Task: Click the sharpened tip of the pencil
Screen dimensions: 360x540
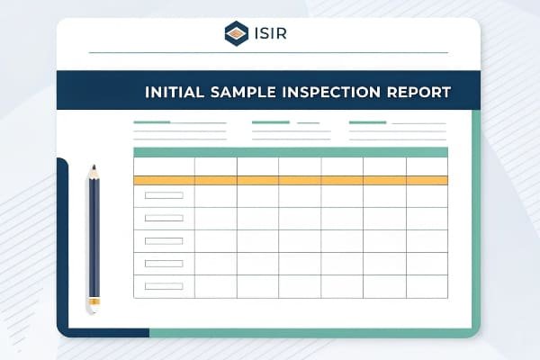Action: tap(93, 168)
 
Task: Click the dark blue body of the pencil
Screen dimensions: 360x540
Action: tap(93, 234)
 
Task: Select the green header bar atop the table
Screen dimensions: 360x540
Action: tap(290, 152)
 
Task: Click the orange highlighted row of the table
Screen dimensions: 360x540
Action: tap(290, 180)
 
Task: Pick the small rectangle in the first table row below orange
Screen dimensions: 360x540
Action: tap(164, 195)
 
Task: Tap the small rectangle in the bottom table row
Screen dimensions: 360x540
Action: tap(164, 286)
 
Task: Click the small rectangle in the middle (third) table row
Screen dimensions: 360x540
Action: tap(164, 241)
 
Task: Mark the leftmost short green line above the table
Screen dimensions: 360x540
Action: tap(152, 122)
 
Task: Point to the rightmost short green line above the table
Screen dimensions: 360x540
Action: tap(367, 122)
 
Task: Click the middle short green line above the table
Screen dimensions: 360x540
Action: tap(271, 122)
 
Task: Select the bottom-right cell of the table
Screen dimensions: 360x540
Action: tap(426, 286)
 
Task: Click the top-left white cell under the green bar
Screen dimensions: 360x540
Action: tap(164, 166)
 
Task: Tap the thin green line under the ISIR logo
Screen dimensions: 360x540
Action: tap(268, 52)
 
